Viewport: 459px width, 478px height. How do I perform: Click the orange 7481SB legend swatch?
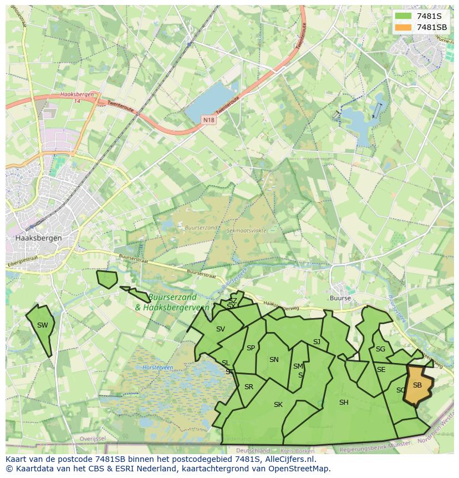tap(403, 27)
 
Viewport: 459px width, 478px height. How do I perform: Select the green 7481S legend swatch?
tap(403, 16)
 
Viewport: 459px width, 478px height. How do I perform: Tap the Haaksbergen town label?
tap(39, 238)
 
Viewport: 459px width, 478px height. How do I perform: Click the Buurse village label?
tap(340, 298)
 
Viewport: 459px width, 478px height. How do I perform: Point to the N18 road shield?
tap(208, 120)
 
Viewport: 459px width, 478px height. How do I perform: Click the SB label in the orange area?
tap(417, 385)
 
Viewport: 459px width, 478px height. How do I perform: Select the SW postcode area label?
tap(43, 325)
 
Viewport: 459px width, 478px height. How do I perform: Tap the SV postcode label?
tap(221, 329)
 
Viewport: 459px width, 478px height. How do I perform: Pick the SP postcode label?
tap(251, 348)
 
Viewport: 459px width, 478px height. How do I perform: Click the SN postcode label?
tap(274, 360)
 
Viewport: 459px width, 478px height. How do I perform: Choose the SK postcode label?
tap(278, 405)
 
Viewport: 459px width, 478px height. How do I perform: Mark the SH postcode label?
tap(344, 402)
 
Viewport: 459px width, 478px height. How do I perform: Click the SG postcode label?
tap(380, 349)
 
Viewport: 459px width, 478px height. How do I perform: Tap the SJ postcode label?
tap(317, 342)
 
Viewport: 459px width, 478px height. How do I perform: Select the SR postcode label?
tap(249, 387)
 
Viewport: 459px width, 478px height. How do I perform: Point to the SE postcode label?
tap(381, 370)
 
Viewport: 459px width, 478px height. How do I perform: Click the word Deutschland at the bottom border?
tap(253, 451)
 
